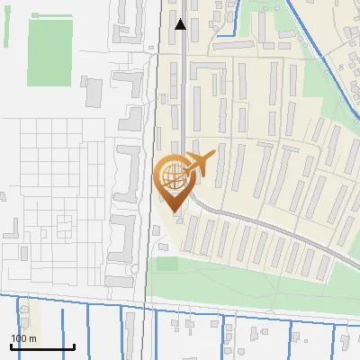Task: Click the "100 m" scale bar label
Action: [x=23, y=337]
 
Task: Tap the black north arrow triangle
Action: [x=181, y=24]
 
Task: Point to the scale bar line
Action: [x=42, y=346]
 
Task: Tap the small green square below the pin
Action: [x=167, y=264]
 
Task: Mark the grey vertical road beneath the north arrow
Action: [x=184, y=90]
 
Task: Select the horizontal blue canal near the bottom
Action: [x=90, y=301]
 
